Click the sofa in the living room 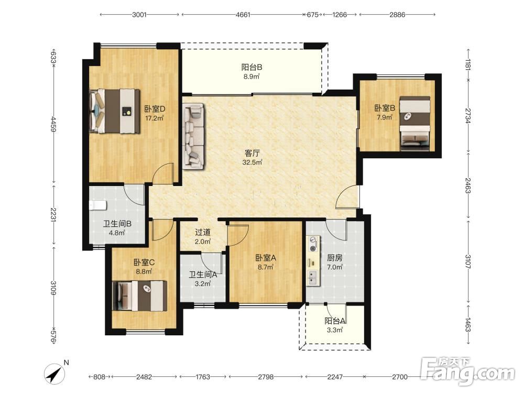coord(193,135)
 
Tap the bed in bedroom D coord(115,111)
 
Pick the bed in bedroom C coord(140,296)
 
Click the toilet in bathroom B coord(98,205)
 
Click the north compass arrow coord(55,373)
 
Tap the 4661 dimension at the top coord(243,15)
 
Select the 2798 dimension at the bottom coord(266,377)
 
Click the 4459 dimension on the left coord(53,123)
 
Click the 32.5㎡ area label coord(253,163)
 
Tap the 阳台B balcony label coord(252,67)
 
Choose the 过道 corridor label coord(202,232)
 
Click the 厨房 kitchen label coord(334,258)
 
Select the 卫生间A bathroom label coord(203,275)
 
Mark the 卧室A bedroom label coord(266,258)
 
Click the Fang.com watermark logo coord(467,370)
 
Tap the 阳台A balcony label coord(334,321)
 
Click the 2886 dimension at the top coord(397,15)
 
